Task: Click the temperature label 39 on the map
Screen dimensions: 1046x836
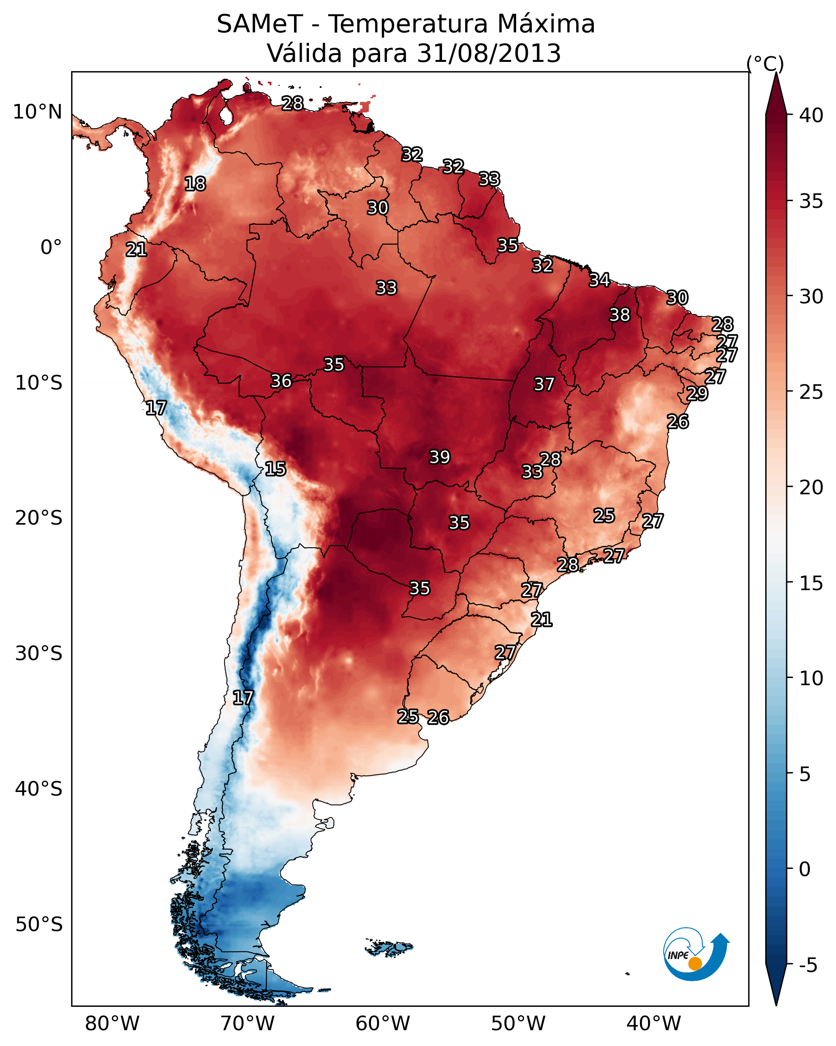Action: click(x=440, y=457)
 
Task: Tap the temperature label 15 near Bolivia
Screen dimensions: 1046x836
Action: click(x=275, y=469)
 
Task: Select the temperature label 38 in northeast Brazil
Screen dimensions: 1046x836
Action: click(x=620, y=315)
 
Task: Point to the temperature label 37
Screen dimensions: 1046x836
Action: click(x=544, y=384)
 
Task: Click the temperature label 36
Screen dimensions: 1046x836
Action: click(x=281, y=381)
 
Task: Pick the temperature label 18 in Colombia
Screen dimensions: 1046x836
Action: click(x=195, y=184)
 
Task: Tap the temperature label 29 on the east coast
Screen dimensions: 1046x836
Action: click(x=697, y=394)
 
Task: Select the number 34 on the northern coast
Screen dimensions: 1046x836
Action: click(x=599, y=280)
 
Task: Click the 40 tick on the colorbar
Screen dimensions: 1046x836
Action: click(x=811, y=115)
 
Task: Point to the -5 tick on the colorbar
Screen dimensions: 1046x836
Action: click(x=808, y=966)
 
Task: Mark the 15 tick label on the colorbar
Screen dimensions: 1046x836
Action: click(x=811, y=583)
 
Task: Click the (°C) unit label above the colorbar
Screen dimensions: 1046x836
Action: click(x=765, y=64)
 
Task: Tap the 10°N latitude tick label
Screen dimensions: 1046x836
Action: click(x=37, y=112)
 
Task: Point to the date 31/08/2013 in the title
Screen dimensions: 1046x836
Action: click(x=489, y=53)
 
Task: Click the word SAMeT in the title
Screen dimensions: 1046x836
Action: click(x=260, y=24)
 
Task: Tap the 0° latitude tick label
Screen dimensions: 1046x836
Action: click(x=51, y=248)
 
